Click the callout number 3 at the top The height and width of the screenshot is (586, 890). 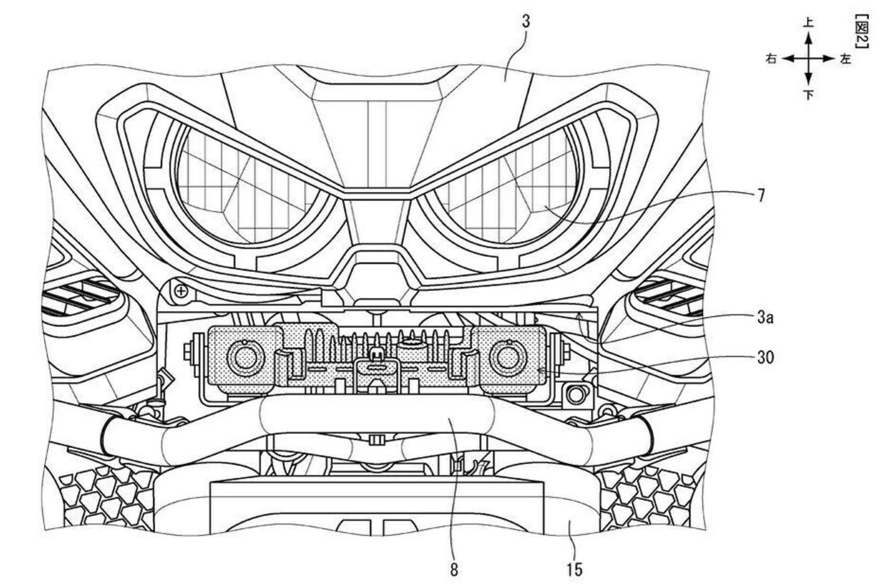(525, 21)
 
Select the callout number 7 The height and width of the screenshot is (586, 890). (761, 195)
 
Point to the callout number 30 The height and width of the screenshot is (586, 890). (765, 357)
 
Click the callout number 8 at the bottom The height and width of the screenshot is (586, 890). (454, 570)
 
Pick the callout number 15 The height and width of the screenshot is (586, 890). (574, 570)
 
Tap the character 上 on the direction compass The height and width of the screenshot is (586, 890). (808, 22)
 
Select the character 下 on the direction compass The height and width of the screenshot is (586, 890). (808, 95)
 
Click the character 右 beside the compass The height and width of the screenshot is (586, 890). (771, 58)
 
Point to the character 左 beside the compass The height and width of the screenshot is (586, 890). (845, 58)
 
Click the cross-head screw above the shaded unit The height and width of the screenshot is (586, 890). (181, 291)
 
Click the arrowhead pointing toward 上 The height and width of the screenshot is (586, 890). (808, 38)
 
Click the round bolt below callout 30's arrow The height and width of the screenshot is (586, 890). (575, 394)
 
